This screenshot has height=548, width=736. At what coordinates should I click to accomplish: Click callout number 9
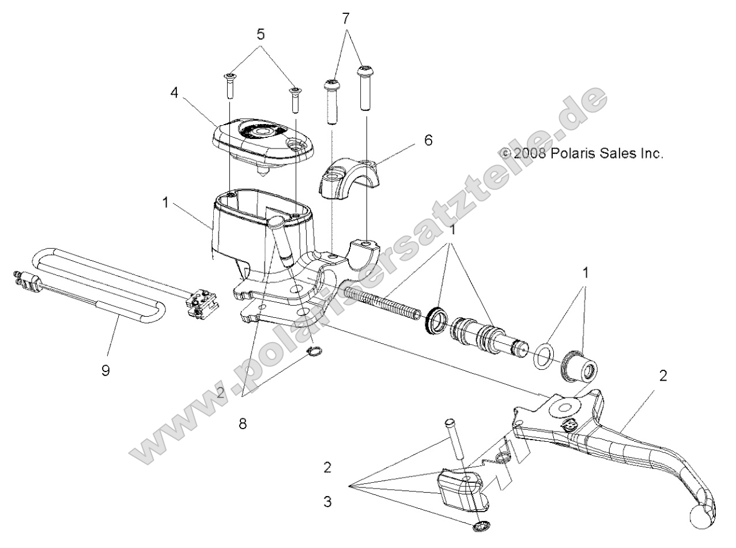(105, 371)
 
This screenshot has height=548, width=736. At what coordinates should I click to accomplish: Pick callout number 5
(261, 34)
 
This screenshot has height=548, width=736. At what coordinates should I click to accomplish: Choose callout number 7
(346, 19)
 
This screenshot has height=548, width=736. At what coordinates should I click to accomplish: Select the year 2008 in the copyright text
(529, 153)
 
